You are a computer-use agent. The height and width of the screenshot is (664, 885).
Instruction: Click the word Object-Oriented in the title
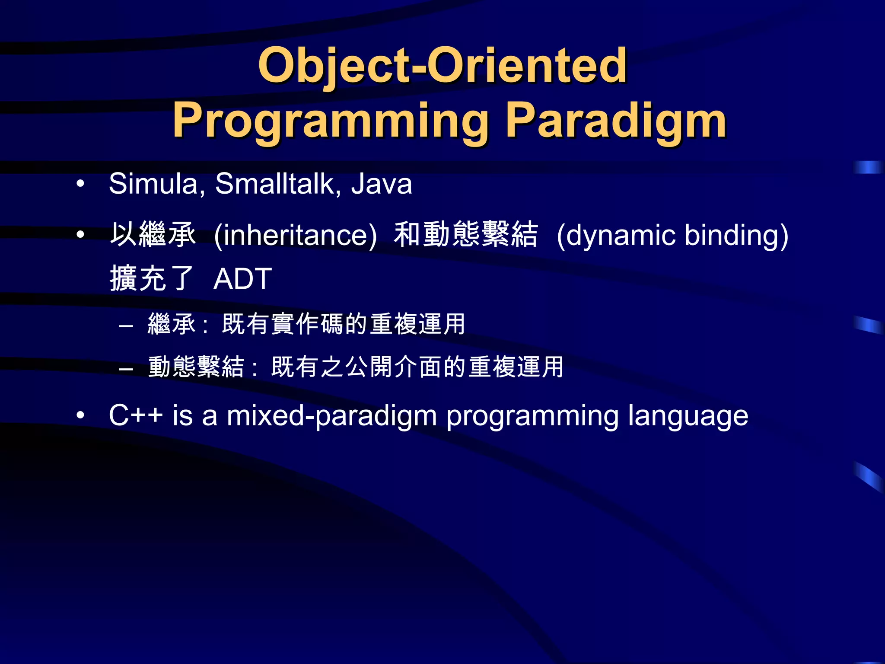[x=442, y=66]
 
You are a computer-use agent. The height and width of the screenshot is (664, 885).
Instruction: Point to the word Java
[x=381, y=184]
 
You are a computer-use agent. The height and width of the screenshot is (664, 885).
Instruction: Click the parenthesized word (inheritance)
[x=296, y=235]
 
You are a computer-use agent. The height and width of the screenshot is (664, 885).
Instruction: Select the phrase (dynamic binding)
[x=672, y=235]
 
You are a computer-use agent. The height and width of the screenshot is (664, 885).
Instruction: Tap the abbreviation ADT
[x=242, y=279]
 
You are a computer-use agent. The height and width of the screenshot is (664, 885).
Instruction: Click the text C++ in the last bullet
[x=135, y=415]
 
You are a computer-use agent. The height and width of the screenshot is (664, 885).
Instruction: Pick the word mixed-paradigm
[x=332, y=416]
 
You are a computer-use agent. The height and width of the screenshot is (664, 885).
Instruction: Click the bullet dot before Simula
[x=80, y=184]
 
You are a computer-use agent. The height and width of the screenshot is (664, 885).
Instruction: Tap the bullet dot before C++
[x=80, y=415]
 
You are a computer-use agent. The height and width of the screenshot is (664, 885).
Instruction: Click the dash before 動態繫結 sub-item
[x=126, y=369]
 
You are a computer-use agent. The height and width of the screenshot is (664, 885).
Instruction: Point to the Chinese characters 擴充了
[x=151, y=279]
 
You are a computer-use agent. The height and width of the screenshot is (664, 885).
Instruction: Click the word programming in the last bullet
[x=533, y=416]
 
